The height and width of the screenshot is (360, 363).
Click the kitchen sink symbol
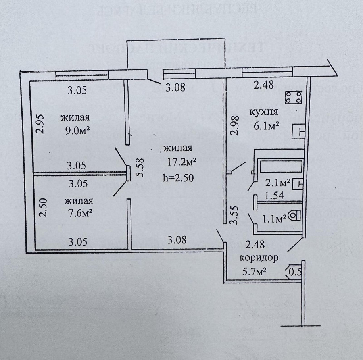click(299, 131)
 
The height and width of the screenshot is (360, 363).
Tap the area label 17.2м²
click(181, 162)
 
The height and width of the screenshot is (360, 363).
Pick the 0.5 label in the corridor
click(296, 272)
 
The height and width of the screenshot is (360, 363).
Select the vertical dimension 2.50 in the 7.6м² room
click(42, 207)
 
